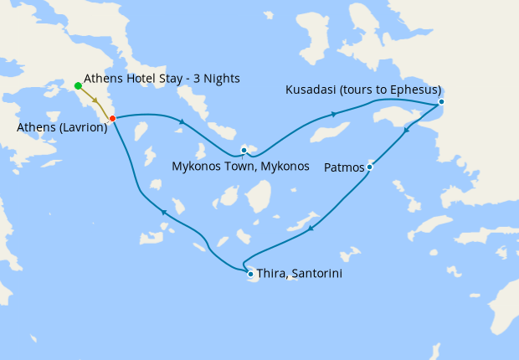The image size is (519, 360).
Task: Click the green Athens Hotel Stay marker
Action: click(x=78, y=85)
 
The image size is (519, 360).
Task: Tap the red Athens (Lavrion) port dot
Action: click(x=112, y=118)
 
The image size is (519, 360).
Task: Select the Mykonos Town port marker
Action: click(x=244, y=150)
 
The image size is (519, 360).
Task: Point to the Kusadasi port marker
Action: click(x=441, y=102)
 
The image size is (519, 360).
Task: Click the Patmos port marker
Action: click(x=369, y=167)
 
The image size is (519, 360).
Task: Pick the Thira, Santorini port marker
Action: click(x=250, y=274)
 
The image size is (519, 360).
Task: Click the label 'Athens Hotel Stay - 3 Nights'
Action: click(x=162, y=79)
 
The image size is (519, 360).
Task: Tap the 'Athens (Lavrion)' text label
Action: click(x=61, y=127)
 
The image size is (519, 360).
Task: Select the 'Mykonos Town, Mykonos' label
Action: click(x=241, y=166)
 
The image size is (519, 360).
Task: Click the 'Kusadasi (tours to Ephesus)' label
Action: click(x=363, y=90)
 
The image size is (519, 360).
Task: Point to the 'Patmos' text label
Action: click(x=344, y=167)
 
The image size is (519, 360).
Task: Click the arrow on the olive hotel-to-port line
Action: click(x=95, y=100)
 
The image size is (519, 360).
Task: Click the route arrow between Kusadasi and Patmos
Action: click(x=407, y=130)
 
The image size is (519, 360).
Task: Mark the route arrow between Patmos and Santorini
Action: click(x=311, y=228)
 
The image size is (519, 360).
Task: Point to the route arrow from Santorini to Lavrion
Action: click(x=164, y=213)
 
